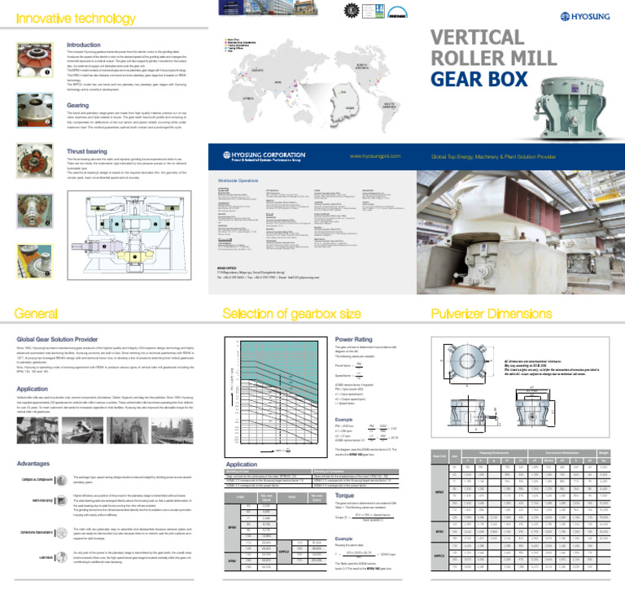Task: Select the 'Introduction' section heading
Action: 83,45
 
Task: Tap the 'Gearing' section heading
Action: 77,105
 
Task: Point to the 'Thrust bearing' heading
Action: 89,151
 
